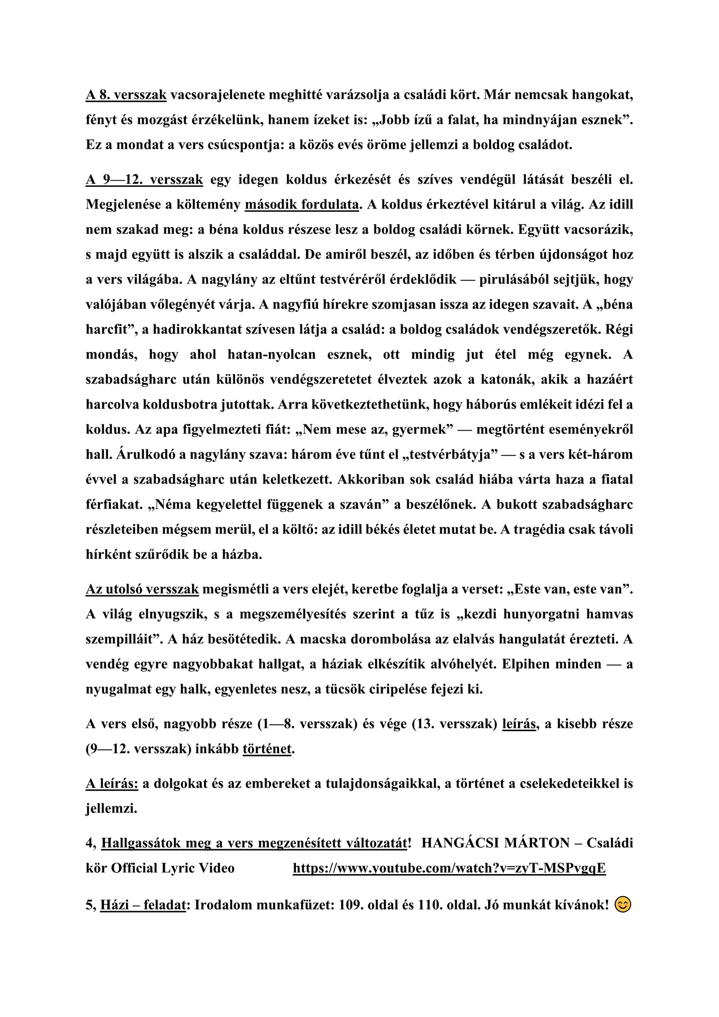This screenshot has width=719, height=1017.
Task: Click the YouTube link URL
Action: tap(449, 868)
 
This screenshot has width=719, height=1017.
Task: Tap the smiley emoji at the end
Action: tap(622, 905)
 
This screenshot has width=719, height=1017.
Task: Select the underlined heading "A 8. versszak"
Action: tap(126, 95)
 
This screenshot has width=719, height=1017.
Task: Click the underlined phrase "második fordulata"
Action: tap(302, 205)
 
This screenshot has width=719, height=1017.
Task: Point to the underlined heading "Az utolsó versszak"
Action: tap(142, 589)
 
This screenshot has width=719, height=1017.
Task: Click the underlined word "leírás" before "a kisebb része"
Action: tap(519, 724)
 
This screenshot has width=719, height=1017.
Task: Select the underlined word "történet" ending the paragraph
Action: tap(267, 749)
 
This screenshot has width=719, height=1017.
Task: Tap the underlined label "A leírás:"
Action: tap(112, 784)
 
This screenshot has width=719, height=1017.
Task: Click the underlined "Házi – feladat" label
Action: tap(143, 905)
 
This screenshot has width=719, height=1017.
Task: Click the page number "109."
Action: tap(351, 905)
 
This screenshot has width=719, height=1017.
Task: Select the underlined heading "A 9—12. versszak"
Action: tap(145, 180)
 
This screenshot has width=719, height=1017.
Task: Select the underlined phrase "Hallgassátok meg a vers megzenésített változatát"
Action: tap(254, 843)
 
